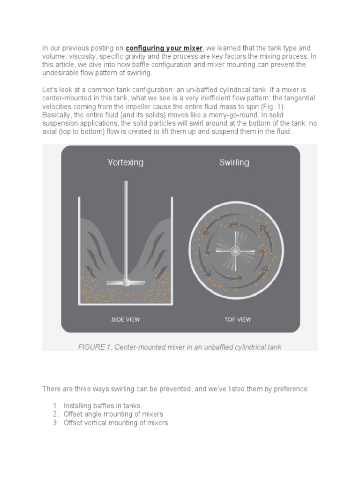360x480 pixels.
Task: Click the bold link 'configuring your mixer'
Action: (x=164, y=48)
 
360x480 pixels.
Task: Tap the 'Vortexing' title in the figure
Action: (x=126, y=163)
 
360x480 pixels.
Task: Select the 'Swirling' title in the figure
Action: (x=234, y=163)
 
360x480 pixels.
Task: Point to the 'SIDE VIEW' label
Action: (x=126, y=320)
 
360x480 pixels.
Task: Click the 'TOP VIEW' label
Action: (x=237, y=320)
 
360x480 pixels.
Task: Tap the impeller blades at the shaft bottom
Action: (x=126, y=283)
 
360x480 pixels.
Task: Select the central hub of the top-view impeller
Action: (x=235, y=251)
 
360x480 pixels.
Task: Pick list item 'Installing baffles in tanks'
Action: (x=102, y=406)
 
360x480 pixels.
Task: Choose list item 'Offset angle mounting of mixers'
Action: (x=113, y=414)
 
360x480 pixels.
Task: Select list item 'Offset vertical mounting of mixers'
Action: (x=115, y=423)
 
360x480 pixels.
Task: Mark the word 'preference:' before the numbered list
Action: (x=291, y=389)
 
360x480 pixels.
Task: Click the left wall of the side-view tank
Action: (x=79, y=248)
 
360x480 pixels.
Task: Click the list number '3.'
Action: (x=56, y=423)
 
